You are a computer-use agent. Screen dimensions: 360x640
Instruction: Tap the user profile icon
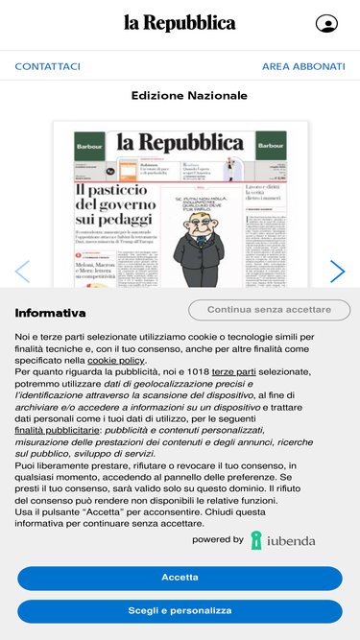(326, 24)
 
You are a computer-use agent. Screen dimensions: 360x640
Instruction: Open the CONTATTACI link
(48, 66)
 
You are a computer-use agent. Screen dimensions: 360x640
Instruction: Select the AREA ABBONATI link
(303, 66)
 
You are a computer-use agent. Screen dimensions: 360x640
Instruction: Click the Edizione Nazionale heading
(189, 96)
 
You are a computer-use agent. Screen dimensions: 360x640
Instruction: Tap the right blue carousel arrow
(337, 272)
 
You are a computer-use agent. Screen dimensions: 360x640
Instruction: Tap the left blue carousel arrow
(22, 272)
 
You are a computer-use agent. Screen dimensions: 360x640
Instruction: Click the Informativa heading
(51, 313)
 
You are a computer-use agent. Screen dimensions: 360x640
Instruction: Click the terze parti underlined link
(233, 370)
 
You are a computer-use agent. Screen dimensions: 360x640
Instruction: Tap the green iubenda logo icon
(256, 540)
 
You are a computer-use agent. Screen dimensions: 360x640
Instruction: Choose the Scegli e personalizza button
(180, 610)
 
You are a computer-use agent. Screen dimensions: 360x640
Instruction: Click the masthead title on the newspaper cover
(180, 143)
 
